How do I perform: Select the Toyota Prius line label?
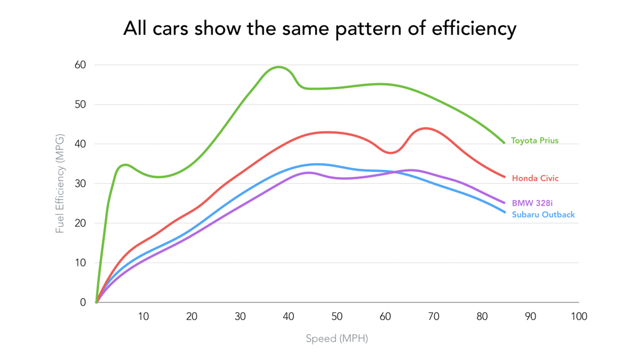pyautogui.click(x=534, y=141)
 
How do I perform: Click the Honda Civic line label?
pyautogui.click(x=535, y=179)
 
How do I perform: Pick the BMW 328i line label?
pyautogui.click(x=532, y=203)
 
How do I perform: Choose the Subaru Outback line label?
pyautogui.click(x=543, y=215)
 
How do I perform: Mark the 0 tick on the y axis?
pyautogui.click(x=83, y=302)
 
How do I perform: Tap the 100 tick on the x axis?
pyautogui.click(x=579, y=317)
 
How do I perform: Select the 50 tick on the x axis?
pyautogui.click(x=337, y=317)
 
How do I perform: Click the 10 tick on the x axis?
pyautogui.click(x=144, y=317)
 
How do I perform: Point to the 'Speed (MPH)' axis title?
pyautogui.click(x=337, y=339)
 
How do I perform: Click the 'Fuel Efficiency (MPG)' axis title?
pyautogui.click(x=60, y=183)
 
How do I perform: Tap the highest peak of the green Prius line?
pyautogui.click(x=278, y=67)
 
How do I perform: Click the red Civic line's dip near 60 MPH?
pyautogui.click(x=390, y=152)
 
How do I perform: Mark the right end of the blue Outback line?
pyautogui.click(x=504, y=212)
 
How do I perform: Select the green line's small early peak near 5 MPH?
pyautogui.click(x=125, y=165)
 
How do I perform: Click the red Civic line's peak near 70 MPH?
pyautogui.click(x=426, y=128)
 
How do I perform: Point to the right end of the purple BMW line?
pyautogui.click(x=504, y=202)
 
